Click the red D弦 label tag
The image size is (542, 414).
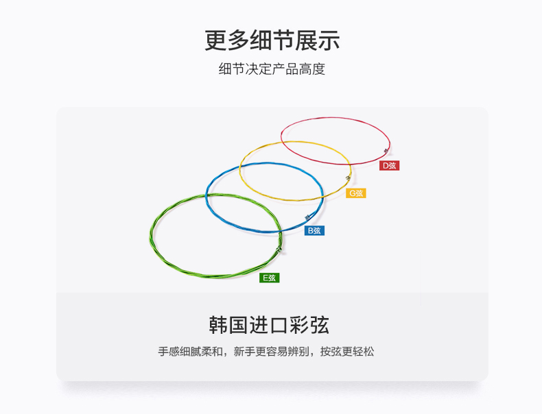coord(389,166)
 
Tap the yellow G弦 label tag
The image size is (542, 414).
coord(355,193)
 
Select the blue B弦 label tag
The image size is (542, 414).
coord(314,231)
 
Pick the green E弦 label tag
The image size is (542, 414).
coord(269,278)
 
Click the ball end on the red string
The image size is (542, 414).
coord(386,151)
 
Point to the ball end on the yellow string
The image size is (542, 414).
coord(348,178)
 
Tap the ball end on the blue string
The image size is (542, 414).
coord(307,217)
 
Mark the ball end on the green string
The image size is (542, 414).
coord(279,249)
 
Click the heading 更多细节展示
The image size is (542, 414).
coord(272,40)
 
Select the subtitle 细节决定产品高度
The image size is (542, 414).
coord(272,69)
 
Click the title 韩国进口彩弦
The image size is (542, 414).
coord(269,325)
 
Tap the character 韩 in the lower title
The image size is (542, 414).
coord(218,325)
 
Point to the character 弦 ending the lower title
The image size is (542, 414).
coord(320,325)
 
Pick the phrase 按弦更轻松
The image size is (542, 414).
coord(347,352)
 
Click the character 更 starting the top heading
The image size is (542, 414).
coord(215,40)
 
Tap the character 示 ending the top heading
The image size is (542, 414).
coord(329,40)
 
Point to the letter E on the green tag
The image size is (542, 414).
coord(266,278)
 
